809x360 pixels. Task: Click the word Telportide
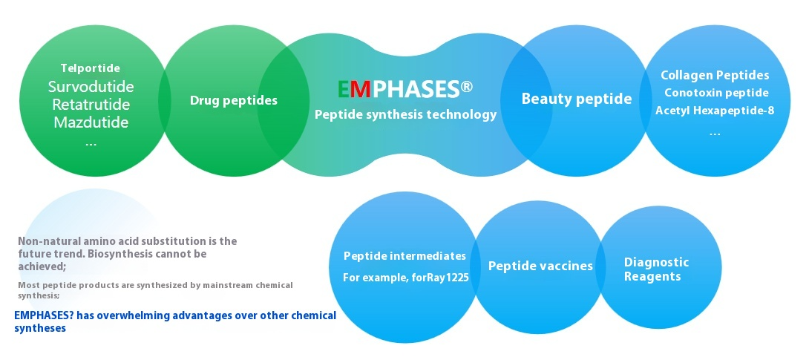[91, 68]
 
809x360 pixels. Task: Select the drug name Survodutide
[91, 86]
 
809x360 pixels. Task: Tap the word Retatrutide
[91, 105]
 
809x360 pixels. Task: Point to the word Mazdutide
[91, 122]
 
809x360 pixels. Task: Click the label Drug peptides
[234, 100]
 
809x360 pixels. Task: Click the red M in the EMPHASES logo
[363, 89]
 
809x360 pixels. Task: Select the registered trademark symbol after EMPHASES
[466, 87]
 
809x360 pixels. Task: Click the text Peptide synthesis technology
[405, 114]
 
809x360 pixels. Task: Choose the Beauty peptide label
[576, 99]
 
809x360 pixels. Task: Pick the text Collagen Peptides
[715, 75]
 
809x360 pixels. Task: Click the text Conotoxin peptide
[716, 93]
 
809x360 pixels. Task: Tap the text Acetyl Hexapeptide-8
[715, 111]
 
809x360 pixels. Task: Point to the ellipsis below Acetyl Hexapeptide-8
[715, 134]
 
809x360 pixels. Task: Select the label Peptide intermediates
[405, 256]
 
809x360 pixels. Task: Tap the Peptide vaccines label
[540, 266]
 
